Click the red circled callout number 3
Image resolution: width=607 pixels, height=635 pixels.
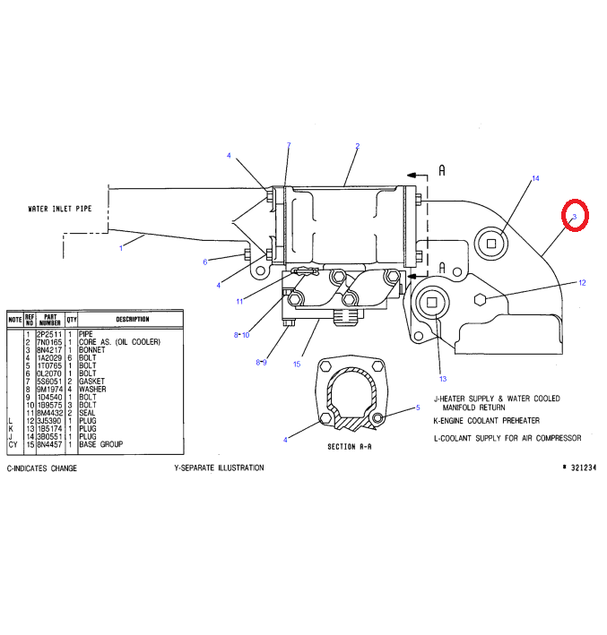click(x=574, y=216)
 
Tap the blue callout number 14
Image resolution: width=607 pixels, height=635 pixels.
click(x=536, y=179)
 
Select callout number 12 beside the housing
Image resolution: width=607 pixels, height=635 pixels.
click(x=582, y=283)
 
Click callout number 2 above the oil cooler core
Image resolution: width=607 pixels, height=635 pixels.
click(x=357, y=146)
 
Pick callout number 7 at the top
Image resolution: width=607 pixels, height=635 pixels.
click(x=289, y=145)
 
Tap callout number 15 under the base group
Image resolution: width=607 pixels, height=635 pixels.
click(x=296, y=364)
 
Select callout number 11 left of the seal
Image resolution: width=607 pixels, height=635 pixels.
click(x=240, y=301)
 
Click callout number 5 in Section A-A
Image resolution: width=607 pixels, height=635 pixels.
click(x=417, y=408)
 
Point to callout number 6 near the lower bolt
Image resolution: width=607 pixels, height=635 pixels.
click(x=204, y=262)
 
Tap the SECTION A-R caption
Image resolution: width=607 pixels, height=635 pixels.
click(x=350, y=445)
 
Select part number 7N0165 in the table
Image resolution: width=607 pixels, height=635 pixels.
click(x=48, y=342)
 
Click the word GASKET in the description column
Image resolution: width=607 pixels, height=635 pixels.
click(x=91, y=381)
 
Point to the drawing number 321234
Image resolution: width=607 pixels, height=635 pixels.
click(x=583, y=468)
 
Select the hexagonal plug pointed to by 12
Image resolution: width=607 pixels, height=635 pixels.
click(x=481, y=298)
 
